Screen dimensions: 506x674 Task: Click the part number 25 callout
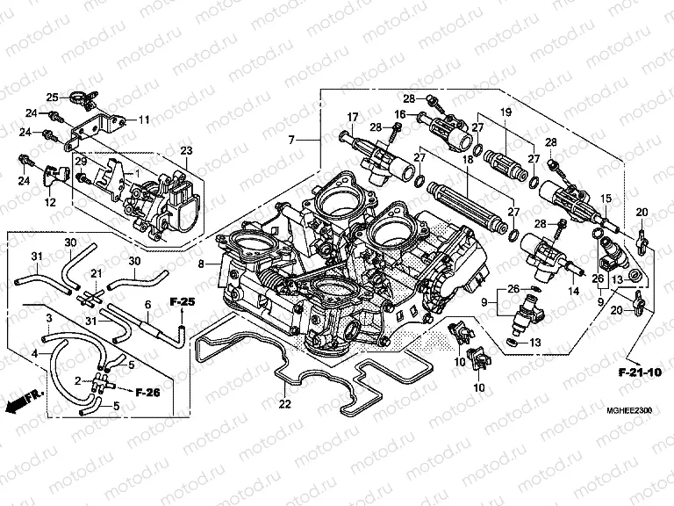tap(52, 97)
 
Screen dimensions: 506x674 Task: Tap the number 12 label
tap(50, 203)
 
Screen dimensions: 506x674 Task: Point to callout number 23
tap(185, 151)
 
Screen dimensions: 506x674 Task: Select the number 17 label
tap(353, 117)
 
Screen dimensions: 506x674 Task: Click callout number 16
tap(399, 114)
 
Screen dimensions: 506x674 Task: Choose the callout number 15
tap(605, 199)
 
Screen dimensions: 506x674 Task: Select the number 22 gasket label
tap(283, 404)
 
